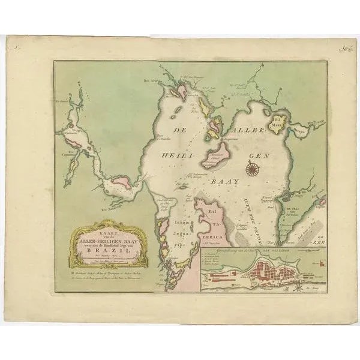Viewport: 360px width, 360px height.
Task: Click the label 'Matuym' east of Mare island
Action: click(x=301, y=127)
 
